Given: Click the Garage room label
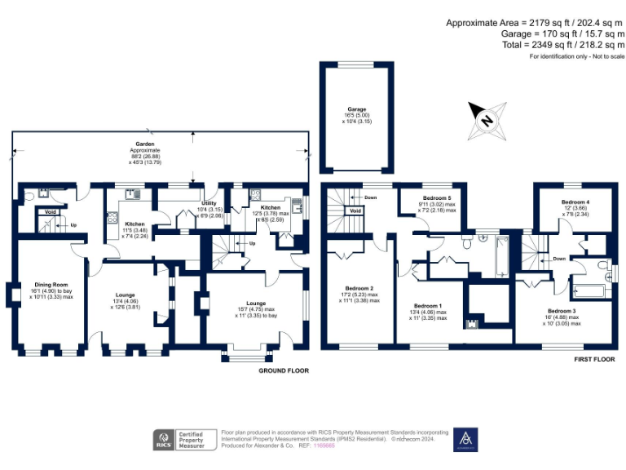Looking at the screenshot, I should pyautogui.click(x=356, y=109).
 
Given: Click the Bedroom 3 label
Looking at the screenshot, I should pyautogui.click(x=562, y=311).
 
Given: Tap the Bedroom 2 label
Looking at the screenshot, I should pyautogui.click(x=359, y=288).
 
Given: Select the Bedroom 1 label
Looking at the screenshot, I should pyautogui.click(x=428, y=306).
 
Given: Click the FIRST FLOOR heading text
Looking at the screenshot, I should pyautogui.click(x=593, y=359).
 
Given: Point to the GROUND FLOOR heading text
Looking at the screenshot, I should pyautogui.click(x=283, y=370).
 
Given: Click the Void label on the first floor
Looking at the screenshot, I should pyautogui.click(x=355, y=210).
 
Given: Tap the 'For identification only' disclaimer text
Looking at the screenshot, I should pyautogui.click(x=576, y=56).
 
